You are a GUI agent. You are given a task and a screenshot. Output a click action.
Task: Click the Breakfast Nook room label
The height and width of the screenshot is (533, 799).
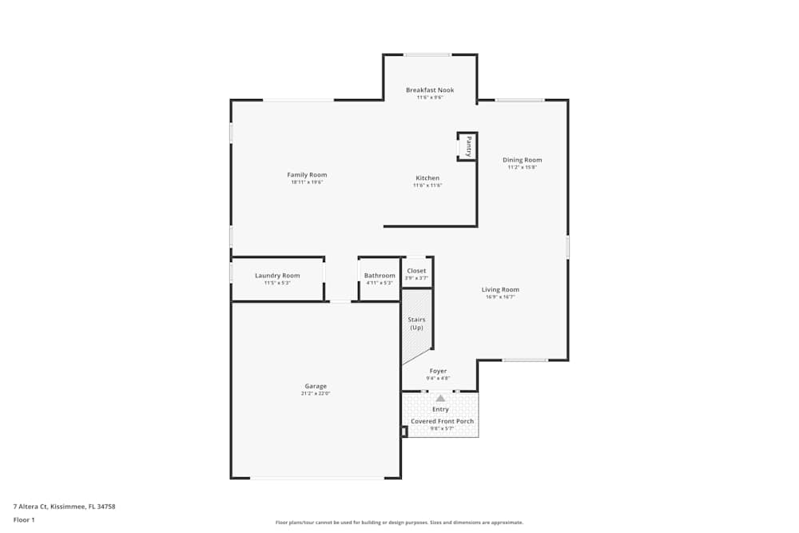429,90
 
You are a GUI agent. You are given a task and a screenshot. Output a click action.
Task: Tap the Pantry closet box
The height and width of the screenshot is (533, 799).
467,146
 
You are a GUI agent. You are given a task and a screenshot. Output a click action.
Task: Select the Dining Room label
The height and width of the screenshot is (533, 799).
522,160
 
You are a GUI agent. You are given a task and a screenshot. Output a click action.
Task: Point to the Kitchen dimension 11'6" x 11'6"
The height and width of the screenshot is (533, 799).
427,185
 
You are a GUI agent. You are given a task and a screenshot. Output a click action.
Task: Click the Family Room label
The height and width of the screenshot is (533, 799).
307,175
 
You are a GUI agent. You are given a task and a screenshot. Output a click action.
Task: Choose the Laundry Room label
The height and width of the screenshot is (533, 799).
277,276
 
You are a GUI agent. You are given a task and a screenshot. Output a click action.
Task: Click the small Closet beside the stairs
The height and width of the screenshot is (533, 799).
416,272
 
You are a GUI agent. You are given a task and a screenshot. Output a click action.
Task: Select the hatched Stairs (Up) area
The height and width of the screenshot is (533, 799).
416,324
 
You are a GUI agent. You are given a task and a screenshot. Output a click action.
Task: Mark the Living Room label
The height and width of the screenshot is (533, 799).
500,290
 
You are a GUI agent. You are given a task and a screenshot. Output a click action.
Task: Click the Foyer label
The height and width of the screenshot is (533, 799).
439,371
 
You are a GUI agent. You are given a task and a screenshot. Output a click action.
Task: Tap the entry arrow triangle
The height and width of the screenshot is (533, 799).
440,397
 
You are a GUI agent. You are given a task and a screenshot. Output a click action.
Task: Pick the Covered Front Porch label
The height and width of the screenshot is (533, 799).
442,421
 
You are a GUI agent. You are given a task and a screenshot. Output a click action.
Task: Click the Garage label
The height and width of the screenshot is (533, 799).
316,386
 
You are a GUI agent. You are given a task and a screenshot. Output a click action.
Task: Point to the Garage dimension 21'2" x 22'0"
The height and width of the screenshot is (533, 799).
316,393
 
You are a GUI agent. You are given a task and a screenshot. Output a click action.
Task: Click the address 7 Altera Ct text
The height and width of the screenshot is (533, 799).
65,506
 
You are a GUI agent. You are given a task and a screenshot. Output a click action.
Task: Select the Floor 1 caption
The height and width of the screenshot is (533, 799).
24,519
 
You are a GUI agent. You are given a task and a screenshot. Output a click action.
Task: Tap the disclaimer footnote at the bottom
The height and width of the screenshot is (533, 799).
399,523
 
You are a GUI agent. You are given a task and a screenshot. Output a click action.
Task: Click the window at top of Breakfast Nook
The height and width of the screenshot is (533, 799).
427,54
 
